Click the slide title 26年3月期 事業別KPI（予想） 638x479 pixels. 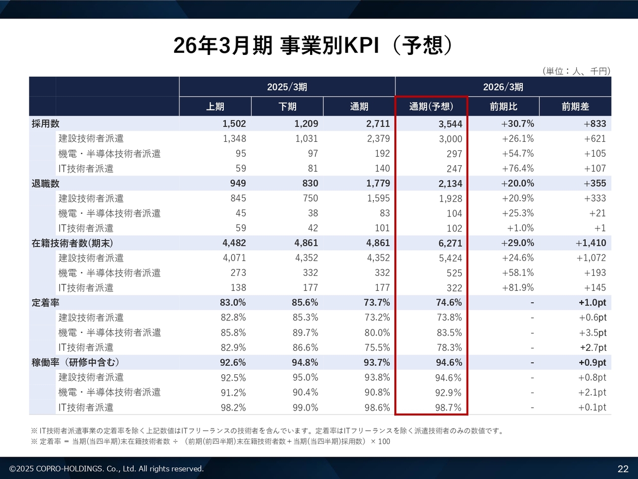click(x=314, y=45)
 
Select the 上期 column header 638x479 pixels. click(x=215, y=107)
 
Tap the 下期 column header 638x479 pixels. click(x=287, y=107)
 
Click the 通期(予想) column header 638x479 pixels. click(x=431, y=107)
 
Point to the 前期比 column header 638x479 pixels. click(x=503, y=107)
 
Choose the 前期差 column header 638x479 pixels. click(x=575, y=107)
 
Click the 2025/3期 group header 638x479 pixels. click(x=287, y=87)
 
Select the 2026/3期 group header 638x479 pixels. click(x=503, y=87)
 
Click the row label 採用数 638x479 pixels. click(x=45, y=124)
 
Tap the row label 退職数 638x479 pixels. click(x=45, y=184)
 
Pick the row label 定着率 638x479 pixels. click(x=45, y=303)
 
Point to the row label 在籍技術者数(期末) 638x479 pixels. click(x=72, y=243)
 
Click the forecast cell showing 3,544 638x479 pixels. click(x=451, y=124)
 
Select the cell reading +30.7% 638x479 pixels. click(x=517, y=124)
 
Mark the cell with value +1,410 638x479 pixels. click(x=591, y=243)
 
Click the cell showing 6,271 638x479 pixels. click(x=451, y=243)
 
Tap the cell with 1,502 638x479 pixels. click(x=234, y=124)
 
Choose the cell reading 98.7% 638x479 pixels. click(x=448, y=408)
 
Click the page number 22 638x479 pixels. click(x=623, y=469)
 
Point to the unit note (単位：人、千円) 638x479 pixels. click(x=576, y=71)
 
